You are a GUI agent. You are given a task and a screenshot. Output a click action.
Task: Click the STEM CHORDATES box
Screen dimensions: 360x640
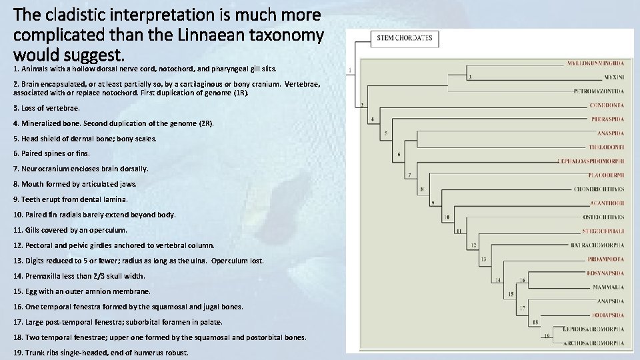click(405, 38)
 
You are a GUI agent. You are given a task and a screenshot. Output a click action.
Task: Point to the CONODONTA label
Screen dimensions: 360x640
click(607, 105)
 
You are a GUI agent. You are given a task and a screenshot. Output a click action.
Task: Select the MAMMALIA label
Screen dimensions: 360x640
click(608, 287)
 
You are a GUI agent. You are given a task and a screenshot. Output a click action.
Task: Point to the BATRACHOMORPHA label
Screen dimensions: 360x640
click(597, 245)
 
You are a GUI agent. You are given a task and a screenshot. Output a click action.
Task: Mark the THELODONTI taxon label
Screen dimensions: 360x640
click(606, 147)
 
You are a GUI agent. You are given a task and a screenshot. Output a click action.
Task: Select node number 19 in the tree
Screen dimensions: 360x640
click(547, 335)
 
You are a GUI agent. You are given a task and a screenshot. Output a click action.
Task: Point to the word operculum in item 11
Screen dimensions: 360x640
click(110, 230)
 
